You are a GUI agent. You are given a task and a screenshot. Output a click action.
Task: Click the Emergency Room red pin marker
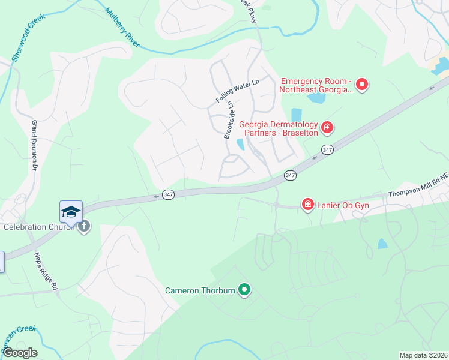pyautogui.click(x=362, y=85)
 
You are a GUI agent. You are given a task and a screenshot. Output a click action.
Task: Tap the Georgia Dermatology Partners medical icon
pyautogui.click(x=327, y=127)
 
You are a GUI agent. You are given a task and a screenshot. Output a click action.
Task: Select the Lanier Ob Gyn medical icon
pyautogui.click(x=307, y=205)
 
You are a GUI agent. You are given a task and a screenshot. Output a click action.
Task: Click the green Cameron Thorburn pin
pyautogui.click(x=244, y=290)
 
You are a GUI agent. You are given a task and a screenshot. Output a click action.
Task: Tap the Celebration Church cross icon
pyautogui.click(x=84, y=227)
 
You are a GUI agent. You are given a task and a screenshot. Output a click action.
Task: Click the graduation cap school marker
pyautogui.click(x=71, y=212)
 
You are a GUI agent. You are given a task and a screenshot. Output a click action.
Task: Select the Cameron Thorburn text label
pyautogui.click(x=200, y=291)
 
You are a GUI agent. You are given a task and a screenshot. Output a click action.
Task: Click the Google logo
pyautogui.click(x=20, y=352)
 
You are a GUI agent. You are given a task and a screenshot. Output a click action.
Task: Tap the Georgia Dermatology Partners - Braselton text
pyautogui.click(x=278, y=128)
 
